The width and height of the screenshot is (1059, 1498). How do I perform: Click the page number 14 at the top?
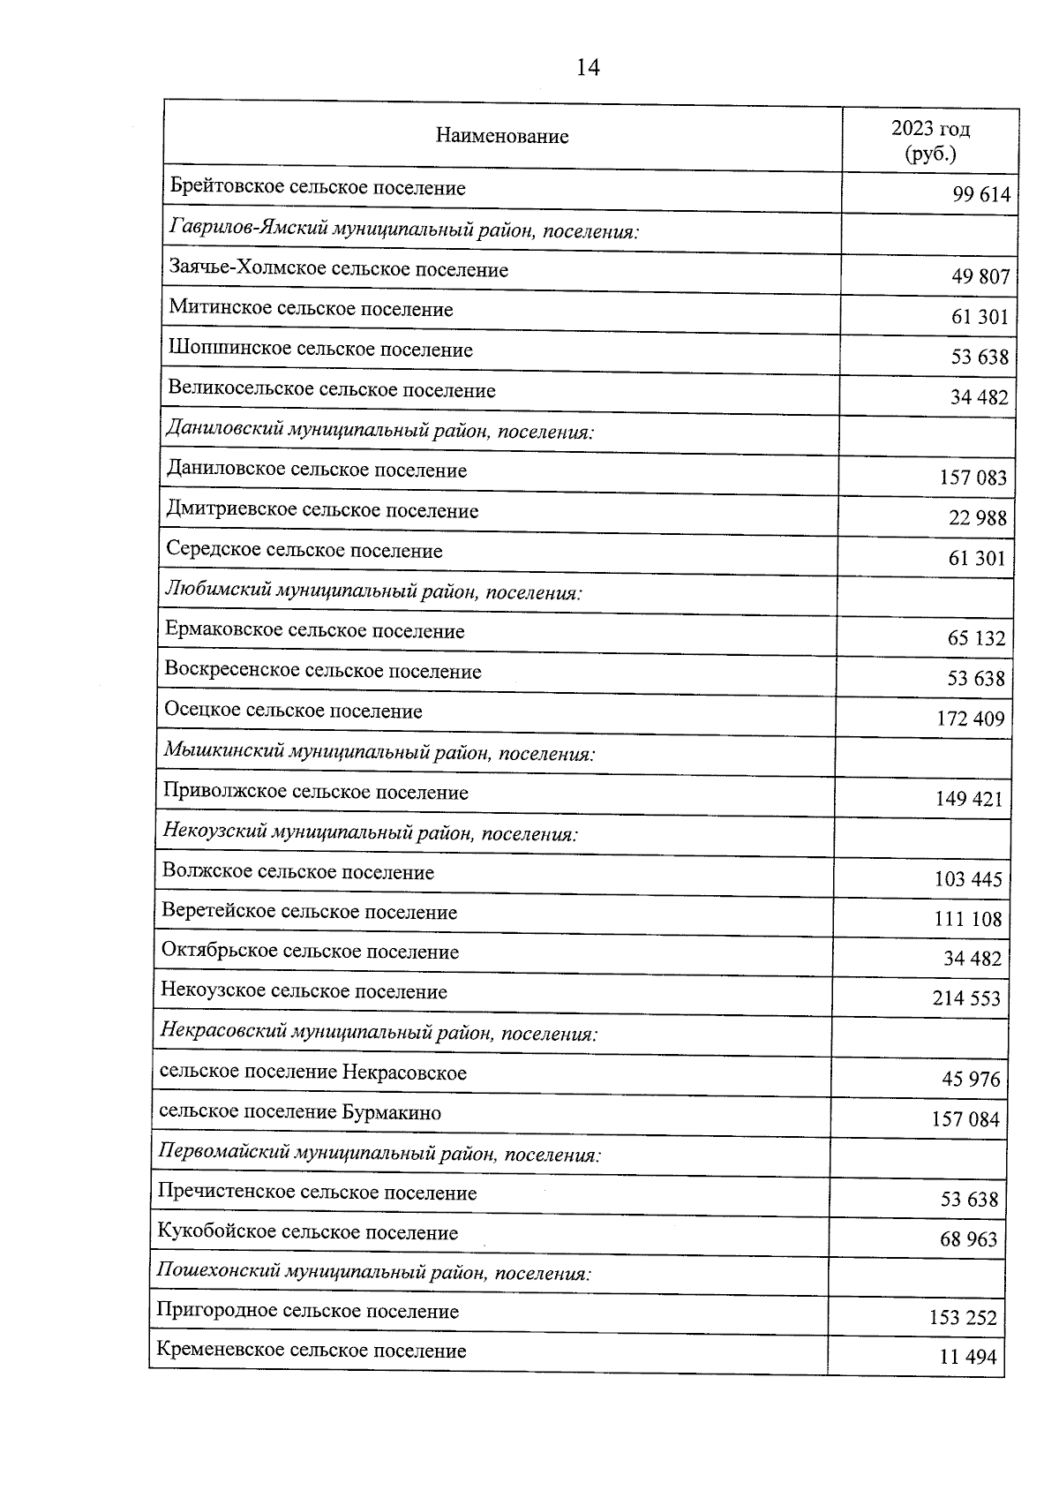coord(588,67)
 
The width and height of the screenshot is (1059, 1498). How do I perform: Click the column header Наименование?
coord(502,137)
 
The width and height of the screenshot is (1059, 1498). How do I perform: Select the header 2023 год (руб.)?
coord(930,141)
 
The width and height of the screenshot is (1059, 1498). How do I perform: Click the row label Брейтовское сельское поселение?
coord(318,188)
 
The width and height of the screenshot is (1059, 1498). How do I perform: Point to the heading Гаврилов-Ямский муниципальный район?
coord(403,231)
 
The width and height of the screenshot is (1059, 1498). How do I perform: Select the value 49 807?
coord(980,277)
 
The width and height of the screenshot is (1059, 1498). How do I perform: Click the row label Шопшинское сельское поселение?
coord(320,350)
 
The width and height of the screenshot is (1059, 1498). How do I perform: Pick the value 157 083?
coord(973,478)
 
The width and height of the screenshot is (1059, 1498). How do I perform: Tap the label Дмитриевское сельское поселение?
coord(322,511)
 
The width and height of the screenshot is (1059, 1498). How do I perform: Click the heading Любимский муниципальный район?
coord(373,591)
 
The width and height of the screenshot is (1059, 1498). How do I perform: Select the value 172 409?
coord(970,719)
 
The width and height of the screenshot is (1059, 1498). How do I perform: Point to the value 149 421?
coord(969,800)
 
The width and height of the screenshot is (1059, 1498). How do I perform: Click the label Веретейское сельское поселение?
coord(309,913)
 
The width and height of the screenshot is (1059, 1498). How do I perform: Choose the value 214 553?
coord(966,999)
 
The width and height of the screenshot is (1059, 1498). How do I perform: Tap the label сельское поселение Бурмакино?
coord(300,1113)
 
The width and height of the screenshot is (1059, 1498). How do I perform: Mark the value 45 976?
coord(971,1080)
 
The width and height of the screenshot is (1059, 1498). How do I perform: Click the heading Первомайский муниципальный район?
coord(379,1154)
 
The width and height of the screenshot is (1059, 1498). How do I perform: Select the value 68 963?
coord(968,1240)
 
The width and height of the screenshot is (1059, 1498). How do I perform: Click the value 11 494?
coord(967,1358)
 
